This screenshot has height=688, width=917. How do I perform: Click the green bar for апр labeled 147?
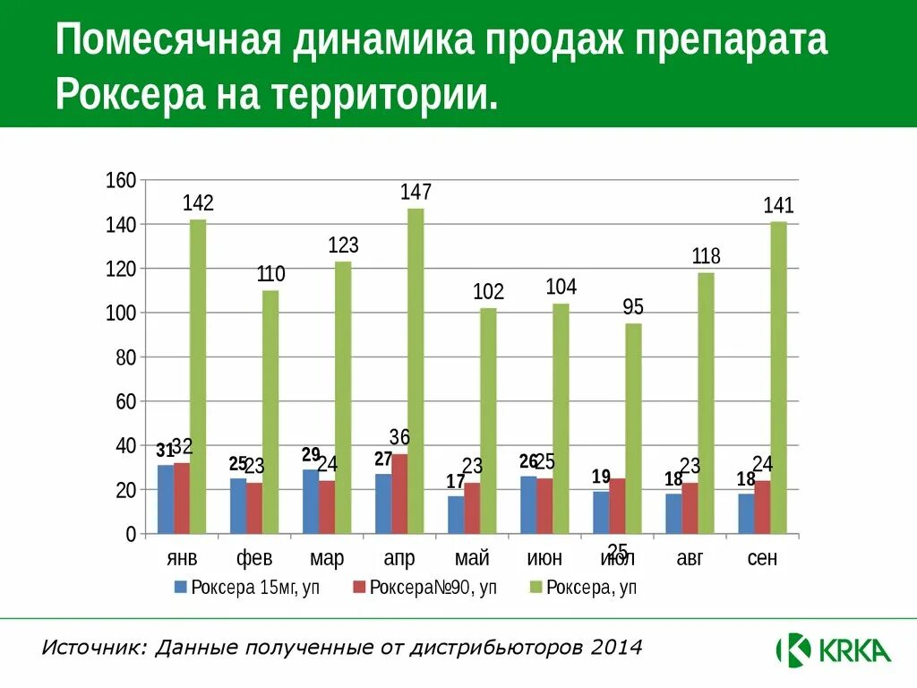pyautogui.click(x=416, y=371)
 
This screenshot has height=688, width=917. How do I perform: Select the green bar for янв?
pyautogui.click(x=198, y=376)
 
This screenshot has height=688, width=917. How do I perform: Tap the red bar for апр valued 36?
pyautogui.click(x=399, y=494)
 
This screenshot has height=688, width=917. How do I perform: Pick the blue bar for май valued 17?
pyautogui.click(x=456, y=515)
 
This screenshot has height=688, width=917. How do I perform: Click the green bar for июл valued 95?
pyautogui.click(x=633, y=428)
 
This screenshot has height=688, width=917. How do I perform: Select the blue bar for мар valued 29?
pyautogui.click(x=311, y=502)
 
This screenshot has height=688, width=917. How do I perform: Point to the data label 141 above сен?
pyautogui.click(x=778, y=206)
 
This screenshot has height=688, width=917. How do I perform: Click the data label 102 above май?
pyautogui.click(x=488, y=291)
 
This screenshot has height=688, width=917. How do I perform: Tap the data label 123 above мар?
pyautogui.click(x=343, y=245)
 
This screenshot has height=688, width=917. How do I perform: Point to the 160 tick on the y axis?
pyautogui.click(x=121, y=181)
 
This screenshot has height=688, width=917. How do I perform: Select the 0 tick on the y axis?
pyautogui.click(x=131, y=535)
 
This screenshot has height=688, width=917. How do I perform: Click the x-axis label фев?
pyautogui.click(x=254, y=559)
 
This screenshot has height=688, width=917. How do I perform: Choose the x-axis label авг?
pyautogui.click(x=690, y=559)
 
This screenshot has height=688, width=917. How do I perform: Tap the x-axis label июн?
pyautogui.click(x=544, y=559)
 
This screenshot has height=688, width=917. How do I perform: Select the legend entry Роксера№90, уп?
pyautogui.click(x=426, y=588)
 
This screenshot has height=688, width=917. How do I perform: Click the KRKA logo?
pyautogui.click(x=833, y=649)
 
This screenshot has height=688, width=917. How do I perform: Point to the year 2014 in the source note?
pyautogui.click(x=616, y=647)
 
